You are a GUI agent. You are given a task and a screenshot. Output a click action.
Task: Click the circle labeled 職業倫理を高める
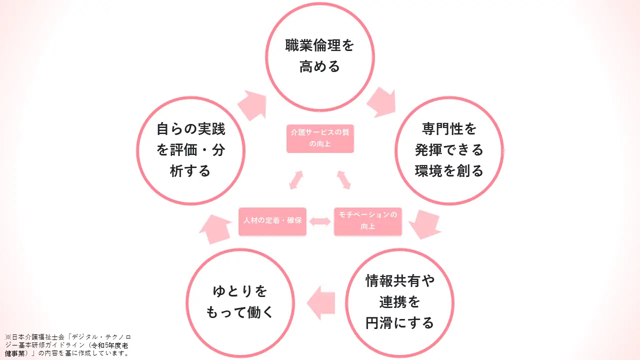(320, 56)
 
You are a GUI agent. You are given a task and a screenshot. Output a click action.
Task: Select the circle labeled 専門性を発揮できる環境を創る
(449, 150)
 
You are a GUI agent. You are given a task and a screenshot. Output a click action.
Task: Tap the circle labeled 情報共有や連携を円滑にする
(399, 302)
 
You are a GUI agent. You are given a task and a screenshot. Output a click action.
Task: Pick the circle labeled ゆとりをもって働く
(240, 302)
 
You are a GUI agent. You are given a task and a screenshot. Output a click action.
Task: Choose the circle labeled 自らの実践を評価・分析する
(190, 150)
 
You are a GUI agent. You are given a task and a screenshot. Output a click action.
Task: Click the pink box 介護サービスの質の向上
(320, 138)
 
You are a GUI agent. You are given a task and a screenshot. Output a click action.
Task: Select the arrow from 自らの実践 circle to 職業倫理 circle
(251, 105)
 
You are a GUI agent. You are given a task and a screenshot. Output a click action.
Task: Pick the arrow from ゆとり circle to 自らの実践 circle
(214, 229)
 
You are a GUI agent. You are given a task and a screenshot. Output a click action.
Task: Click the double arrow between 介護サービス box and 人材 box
(296, 180)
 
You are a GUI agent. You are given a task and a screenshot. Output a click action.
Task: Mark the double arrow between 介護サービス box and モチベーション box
(344, 180)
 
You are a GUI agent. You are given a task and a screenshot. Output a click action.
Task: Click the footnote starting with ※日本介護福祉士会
(67, 345)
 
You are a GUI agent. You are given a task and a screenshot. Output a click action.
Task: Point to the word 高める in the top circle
(320, 66)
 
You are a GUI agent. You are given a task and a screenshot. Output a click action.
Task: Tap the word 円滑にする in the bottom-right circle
(399, 323)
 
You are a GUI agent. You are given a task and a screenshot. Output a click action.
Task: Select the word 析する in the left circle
(190, 171)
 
